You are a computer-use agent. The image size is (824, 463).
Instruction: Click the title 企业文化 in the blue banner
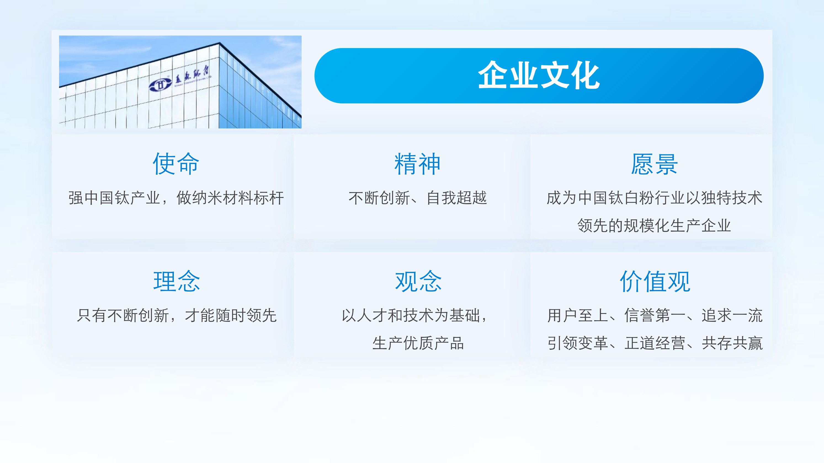[539, 76]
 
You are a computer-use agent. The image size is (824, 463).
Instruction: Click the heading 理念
[177, 281]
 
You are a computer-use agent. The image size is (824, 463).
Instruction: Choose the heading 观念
[418, 281]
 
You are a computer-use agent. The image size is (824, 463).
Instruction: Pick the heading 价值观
[655, 281]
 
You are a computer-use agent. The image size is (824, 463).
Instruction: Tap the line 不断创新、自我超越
[418, 198]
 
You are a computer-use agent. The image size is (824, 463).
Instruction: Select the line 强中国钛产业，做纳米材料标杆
[176, 198]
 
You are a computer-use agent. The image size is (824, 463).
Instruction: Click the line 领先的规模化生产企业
[654, 226]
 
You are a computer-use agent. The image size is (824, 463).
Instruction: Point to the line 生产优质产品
[418, 343]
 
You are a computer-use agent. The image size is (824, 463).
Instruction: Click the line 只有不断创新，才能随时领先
[177, 315]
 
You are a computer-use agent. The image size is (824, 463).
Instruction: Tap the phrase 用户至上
[578, 315]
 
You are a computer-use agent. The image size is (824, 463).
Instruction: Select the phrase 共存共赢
[732, 343]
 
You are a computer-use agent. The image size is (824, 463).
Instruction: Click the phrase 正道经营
[655, 343]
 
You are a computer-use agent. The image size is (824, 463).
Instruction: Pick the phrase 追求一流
[732, 315]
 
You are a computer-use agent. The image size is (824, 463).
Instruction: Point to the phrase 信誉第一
[655, 315]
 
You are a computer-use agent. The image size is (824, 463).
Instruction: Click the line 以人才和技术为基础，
[414, 315]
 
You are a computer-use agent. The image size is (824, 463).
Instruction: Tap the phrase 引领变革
[578, 343]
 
